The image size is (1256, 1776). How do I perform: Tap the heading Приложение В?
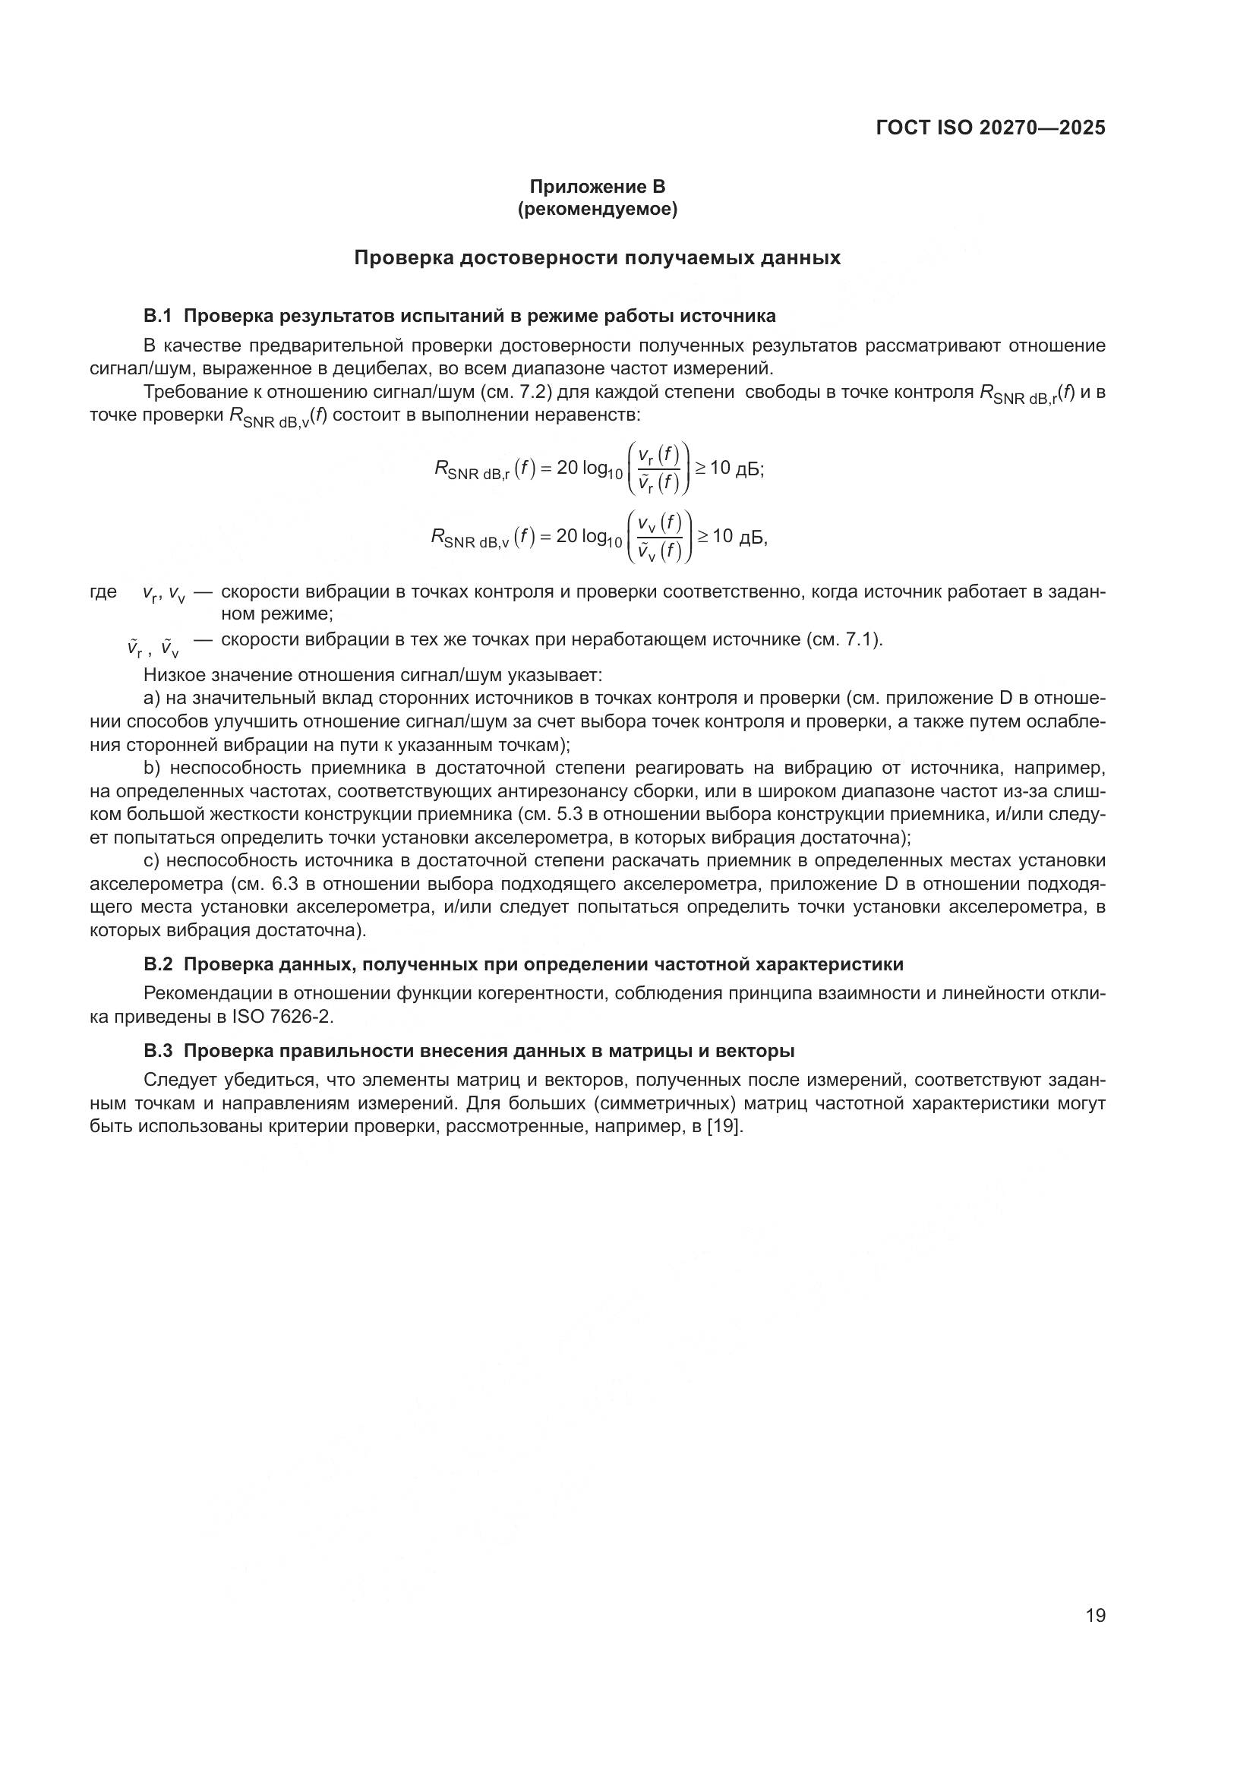pyautogui.click(x=597, y=187)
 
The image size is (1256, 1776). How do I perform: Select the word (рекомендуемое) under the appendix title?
pyautogui.click(x=597, y=209)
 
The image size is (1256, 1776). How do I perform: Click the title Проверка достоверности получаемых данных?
pyautogui.click(x=597, y=258)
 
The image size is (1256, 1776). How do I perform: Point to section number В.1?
pyautogui.click(x=157, y=316)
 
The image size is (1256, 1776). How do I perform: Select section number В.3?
pyautogui.click(x=157, y=1050)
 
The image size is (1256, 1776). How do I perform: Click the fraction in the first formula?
pyautogui.click(x=658, y=468)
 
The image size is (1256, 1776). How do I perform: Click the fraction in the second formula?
pyautogui.click(x=660, y=536)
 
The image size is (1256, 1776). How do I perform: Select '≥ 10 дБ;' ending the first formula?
pyautogui.click(x=730, y=468)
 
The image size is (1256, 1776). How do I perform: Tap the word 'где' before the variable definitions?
pyautogui.click(x=103, y=591)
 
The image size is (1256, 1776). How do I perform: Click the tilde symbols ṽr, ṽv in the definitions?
pyautogui.click(x=153, y=647)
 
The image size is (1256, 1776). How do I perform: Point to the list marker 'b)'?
pyautogui.click(x=151, y=768)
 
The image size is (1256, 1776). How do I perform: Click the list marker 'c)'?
pyautogui.click(x=151, y=860)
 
